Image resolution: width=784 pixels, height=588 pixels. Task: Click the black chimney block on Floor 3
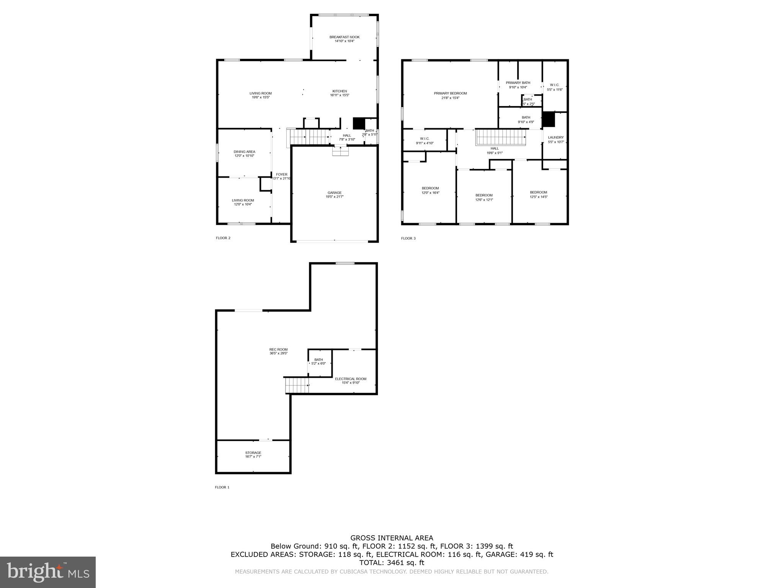[x=549, y=119]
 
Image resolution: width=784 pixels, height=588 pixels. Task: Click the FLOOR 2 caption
[x=223, y=238]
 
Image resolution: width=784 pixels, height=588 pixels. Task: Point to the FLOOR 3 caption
[x=408, y=238]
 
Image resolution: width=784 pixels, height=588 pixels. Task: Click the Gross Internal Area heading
[x=392, y=538]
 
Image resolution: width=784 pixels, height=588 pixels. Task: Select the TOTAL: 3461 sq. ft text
[x=392, y=563]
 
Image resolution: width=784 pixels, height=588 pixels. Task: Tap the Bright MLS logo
[x=48, y=572]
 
